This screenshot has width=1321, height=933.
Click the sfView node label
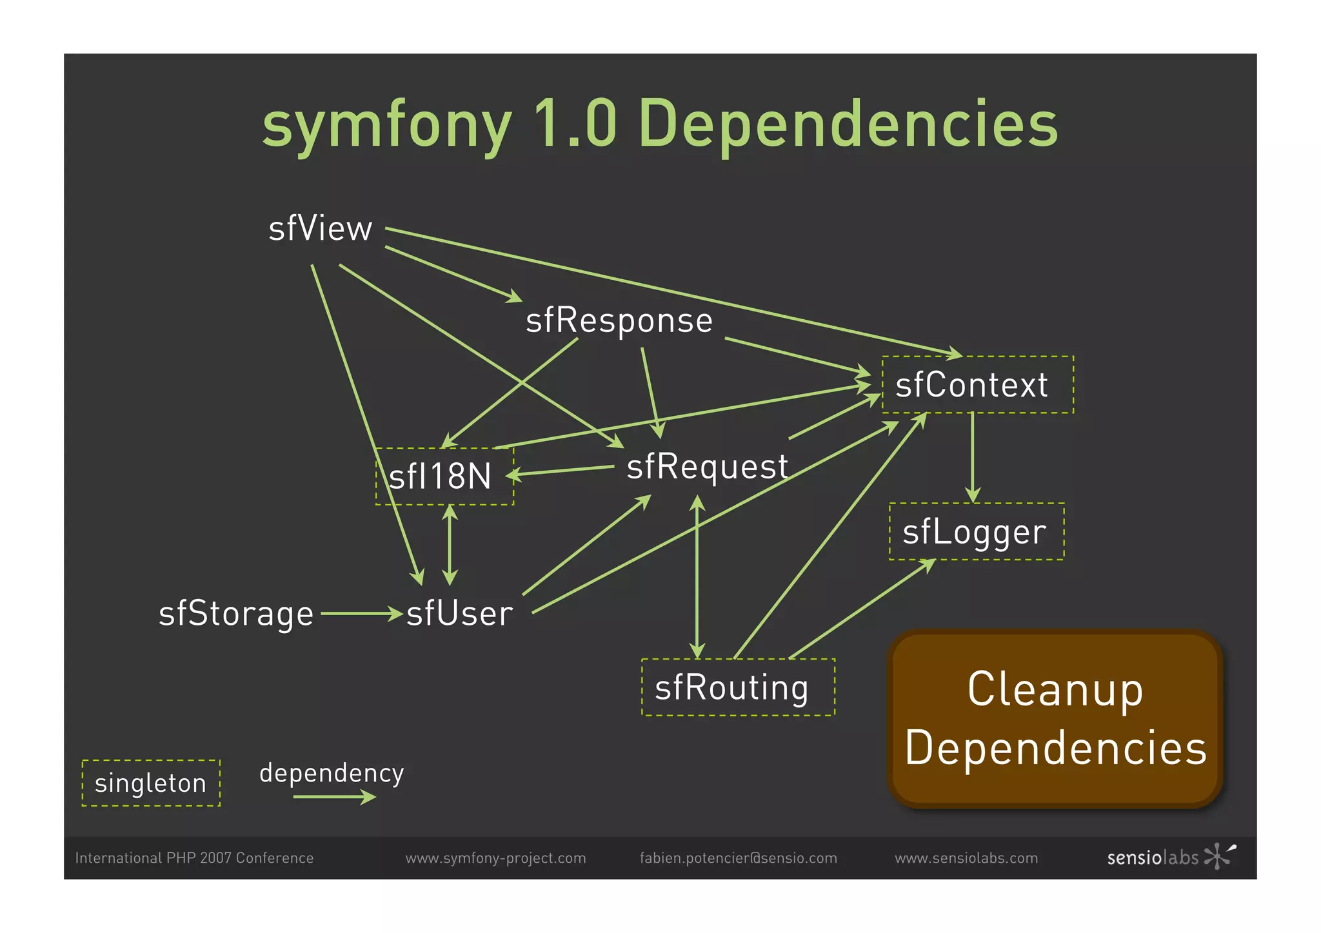(321, 229)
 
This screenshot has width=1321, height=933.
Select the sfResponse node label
(619, 320)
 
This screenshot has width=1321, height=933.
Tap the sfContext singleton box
(977, 385)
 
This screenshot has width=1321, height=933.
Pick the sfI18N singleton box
(444, 476)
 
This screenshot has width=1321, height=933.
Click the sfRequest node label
(707, 466)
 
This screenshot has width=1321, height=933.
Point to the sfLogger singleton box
(976, 532)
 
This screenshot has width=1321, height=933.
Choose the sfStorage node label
(236, 614)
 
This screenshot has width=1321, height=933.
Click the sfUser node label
(459, 614)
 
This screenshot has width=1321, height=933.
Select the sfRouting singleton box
(737, 687)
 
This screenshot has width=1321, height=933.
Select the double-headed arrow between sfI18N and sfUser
(450, 545)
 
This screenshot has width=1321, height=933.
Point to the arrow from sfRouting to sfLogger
(861, 609)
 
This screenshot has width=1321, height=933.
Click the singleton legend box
(151, 783)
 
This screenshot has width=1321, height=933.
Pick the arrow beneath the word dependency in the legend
(333, 798)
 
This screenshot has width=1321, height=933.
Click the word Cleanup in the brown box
(1055, 690)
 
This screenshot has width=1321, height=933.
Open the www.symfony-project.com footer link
(495, 858)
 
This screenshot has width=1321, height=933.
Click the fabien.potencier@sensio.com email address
(738, 858)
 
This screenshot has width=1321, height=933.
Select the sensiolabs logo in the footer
(1171, 857)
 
